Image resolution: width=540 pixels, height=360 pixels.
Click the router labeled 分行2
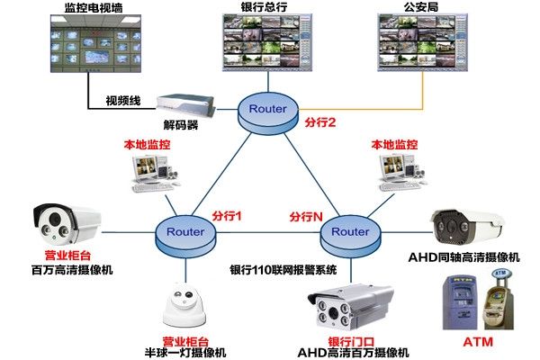point(267,109)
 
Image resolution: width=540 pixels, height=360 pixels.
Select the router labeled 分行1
point(185,232)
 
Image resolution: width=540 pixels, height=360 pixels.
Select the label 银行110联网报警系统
point(282,269)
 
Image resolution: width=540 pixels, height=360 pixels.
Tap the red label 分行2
point(320,122)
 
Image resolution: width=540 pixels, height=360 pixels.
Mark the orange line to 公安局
point(378,110)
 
